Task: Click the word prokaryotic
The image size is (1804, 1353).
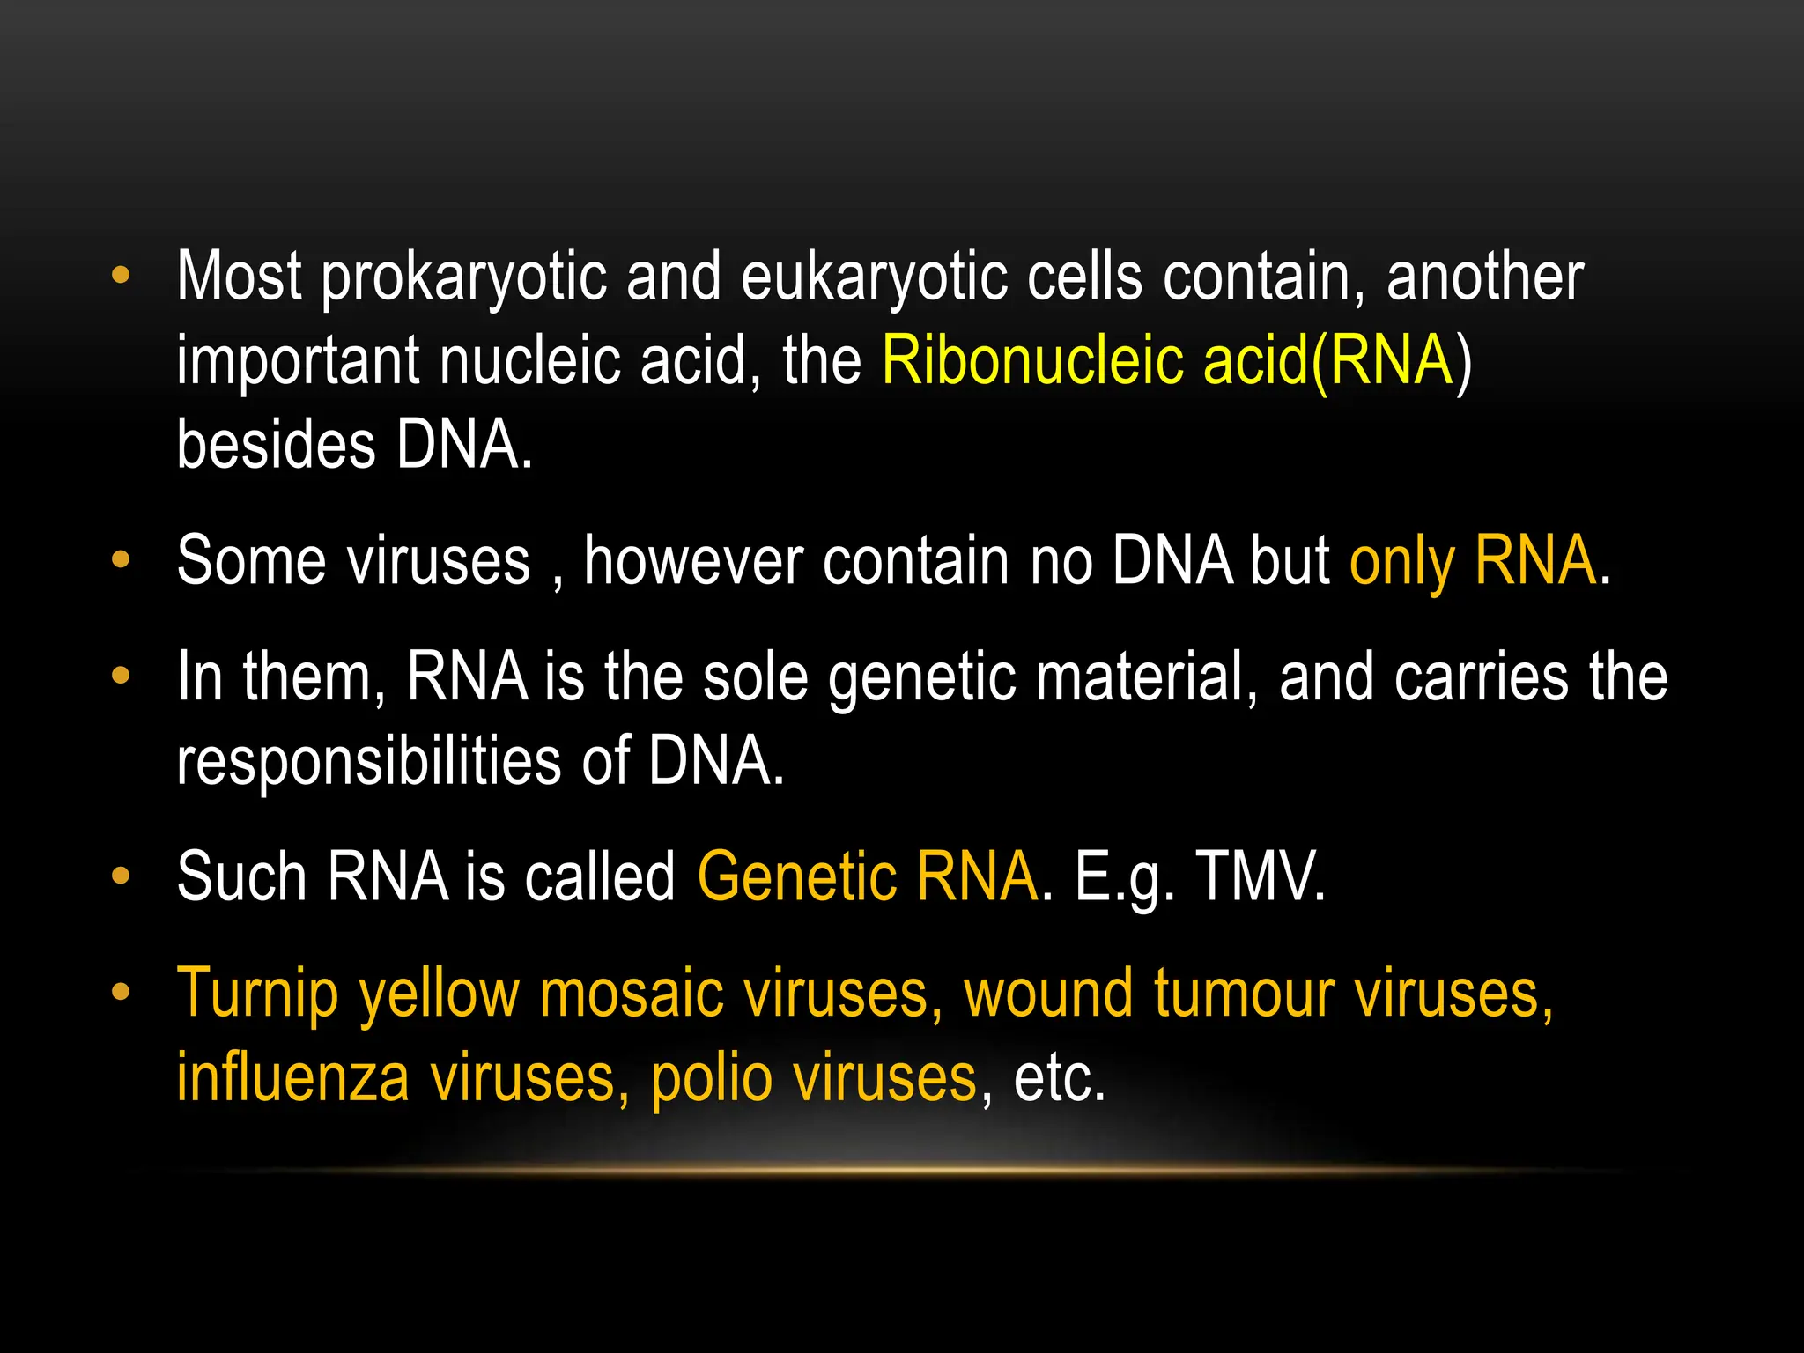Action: [x=463, y=277]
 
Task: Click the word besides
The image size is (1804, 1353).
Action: [x=276, y=444]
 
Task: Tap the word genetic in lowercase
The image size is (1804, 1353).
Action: [x=921, y=678]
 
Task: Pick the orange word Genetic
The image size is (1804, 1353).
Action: [x=796, y=877]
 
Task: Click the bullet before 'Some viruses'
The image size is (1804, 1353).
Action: [x=121, y=560]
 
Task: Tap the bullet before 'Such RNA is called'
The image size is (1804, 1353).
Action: [x=121, y=876]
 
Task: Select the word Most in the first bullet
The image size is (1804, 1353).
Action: [x=239, y=277]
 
